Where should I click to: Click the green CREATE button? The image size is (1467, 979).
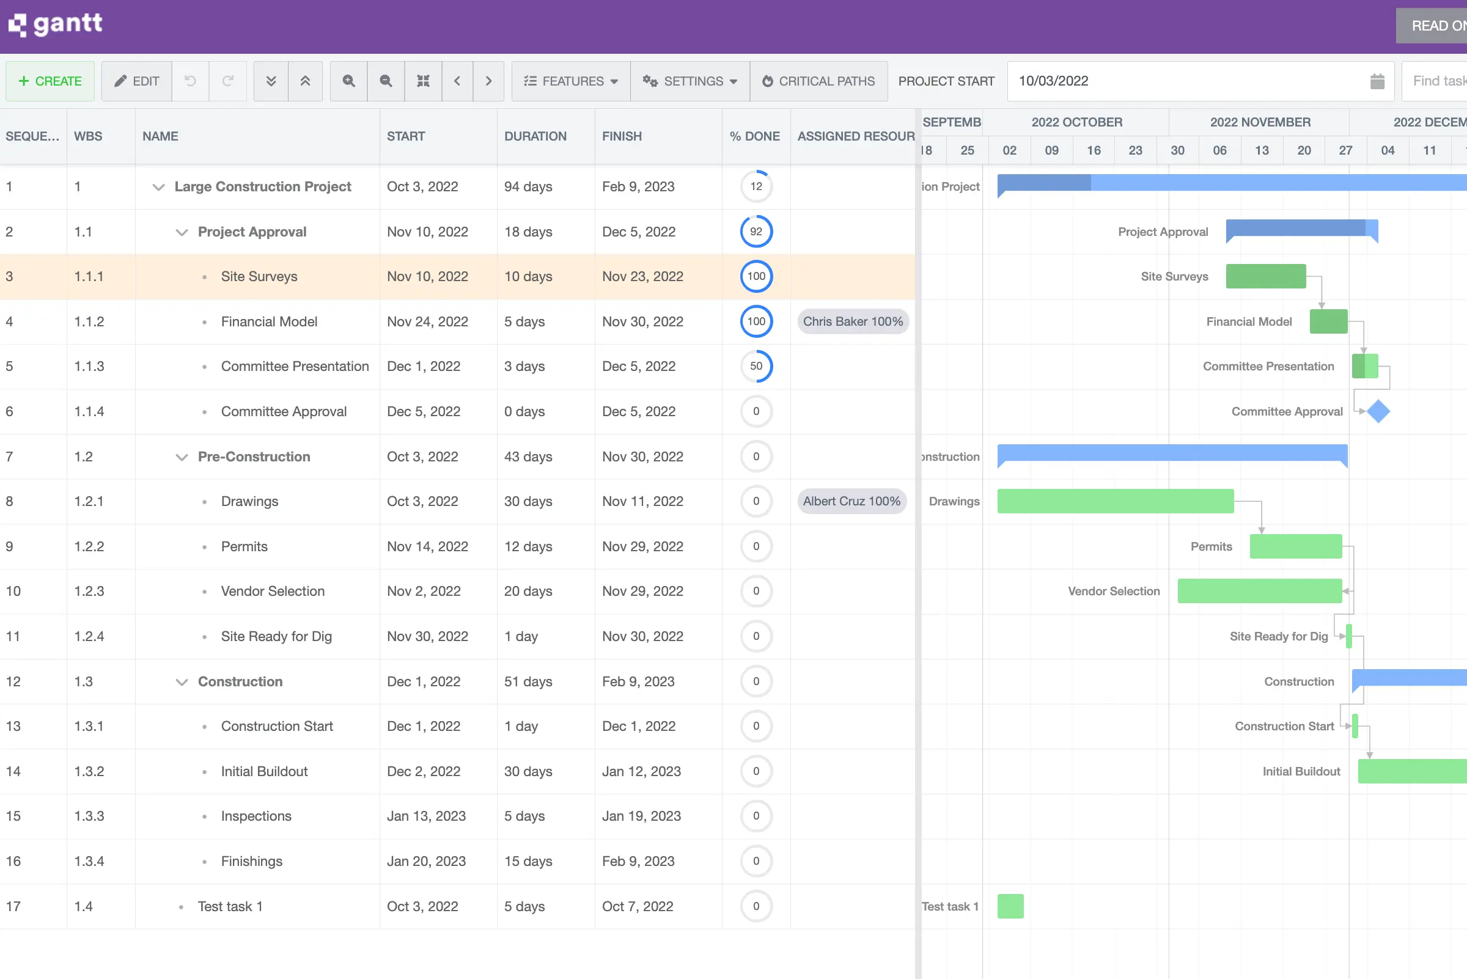click(50, 81)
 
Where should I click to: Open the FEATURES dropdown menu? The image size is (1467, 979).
click(571, 81)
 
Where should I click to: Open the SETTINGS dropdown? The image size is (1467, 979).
click(689, 81)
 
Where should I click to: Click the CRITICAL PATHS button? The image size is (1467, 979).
click(818, 81)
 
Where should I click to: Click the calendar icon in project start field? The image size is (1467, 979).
click(1377, 81)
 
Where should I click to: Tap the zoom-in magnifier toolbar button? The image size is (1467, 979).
click(348, 81)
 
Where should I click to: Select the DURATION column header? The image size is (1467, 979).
click(535, 136)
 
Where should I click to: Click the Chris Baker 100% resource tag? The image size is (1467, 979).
click(853, 321)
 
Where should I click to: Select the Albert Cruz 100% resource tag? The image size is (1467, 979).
click(851, 501)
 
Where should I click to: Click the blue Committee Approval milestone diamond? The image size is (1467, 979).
click(1378, 411)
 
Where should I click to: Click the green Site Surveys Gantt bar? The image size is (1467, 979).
click(1265, 277)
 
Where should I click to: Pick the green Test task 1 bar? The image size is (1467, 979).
click(1010, 906)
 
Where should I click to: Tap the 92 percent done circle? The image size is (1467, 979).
click(756, 232)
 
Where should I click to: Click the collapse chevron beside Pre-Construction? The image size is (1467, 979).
click(182, 457)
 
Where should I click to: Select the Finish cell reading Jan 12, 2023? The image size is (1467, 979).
click(641, 771)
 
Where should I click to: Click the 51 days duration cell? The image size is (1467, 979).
click(528, 681)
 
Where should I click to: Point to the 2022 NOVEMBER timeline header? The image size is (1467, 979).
click(1260, 122)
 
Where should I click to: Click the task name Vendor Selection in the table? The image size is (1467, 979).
click(272, 592)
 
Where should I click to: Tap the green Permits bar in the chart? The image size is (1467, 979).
click(1295, 546)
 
